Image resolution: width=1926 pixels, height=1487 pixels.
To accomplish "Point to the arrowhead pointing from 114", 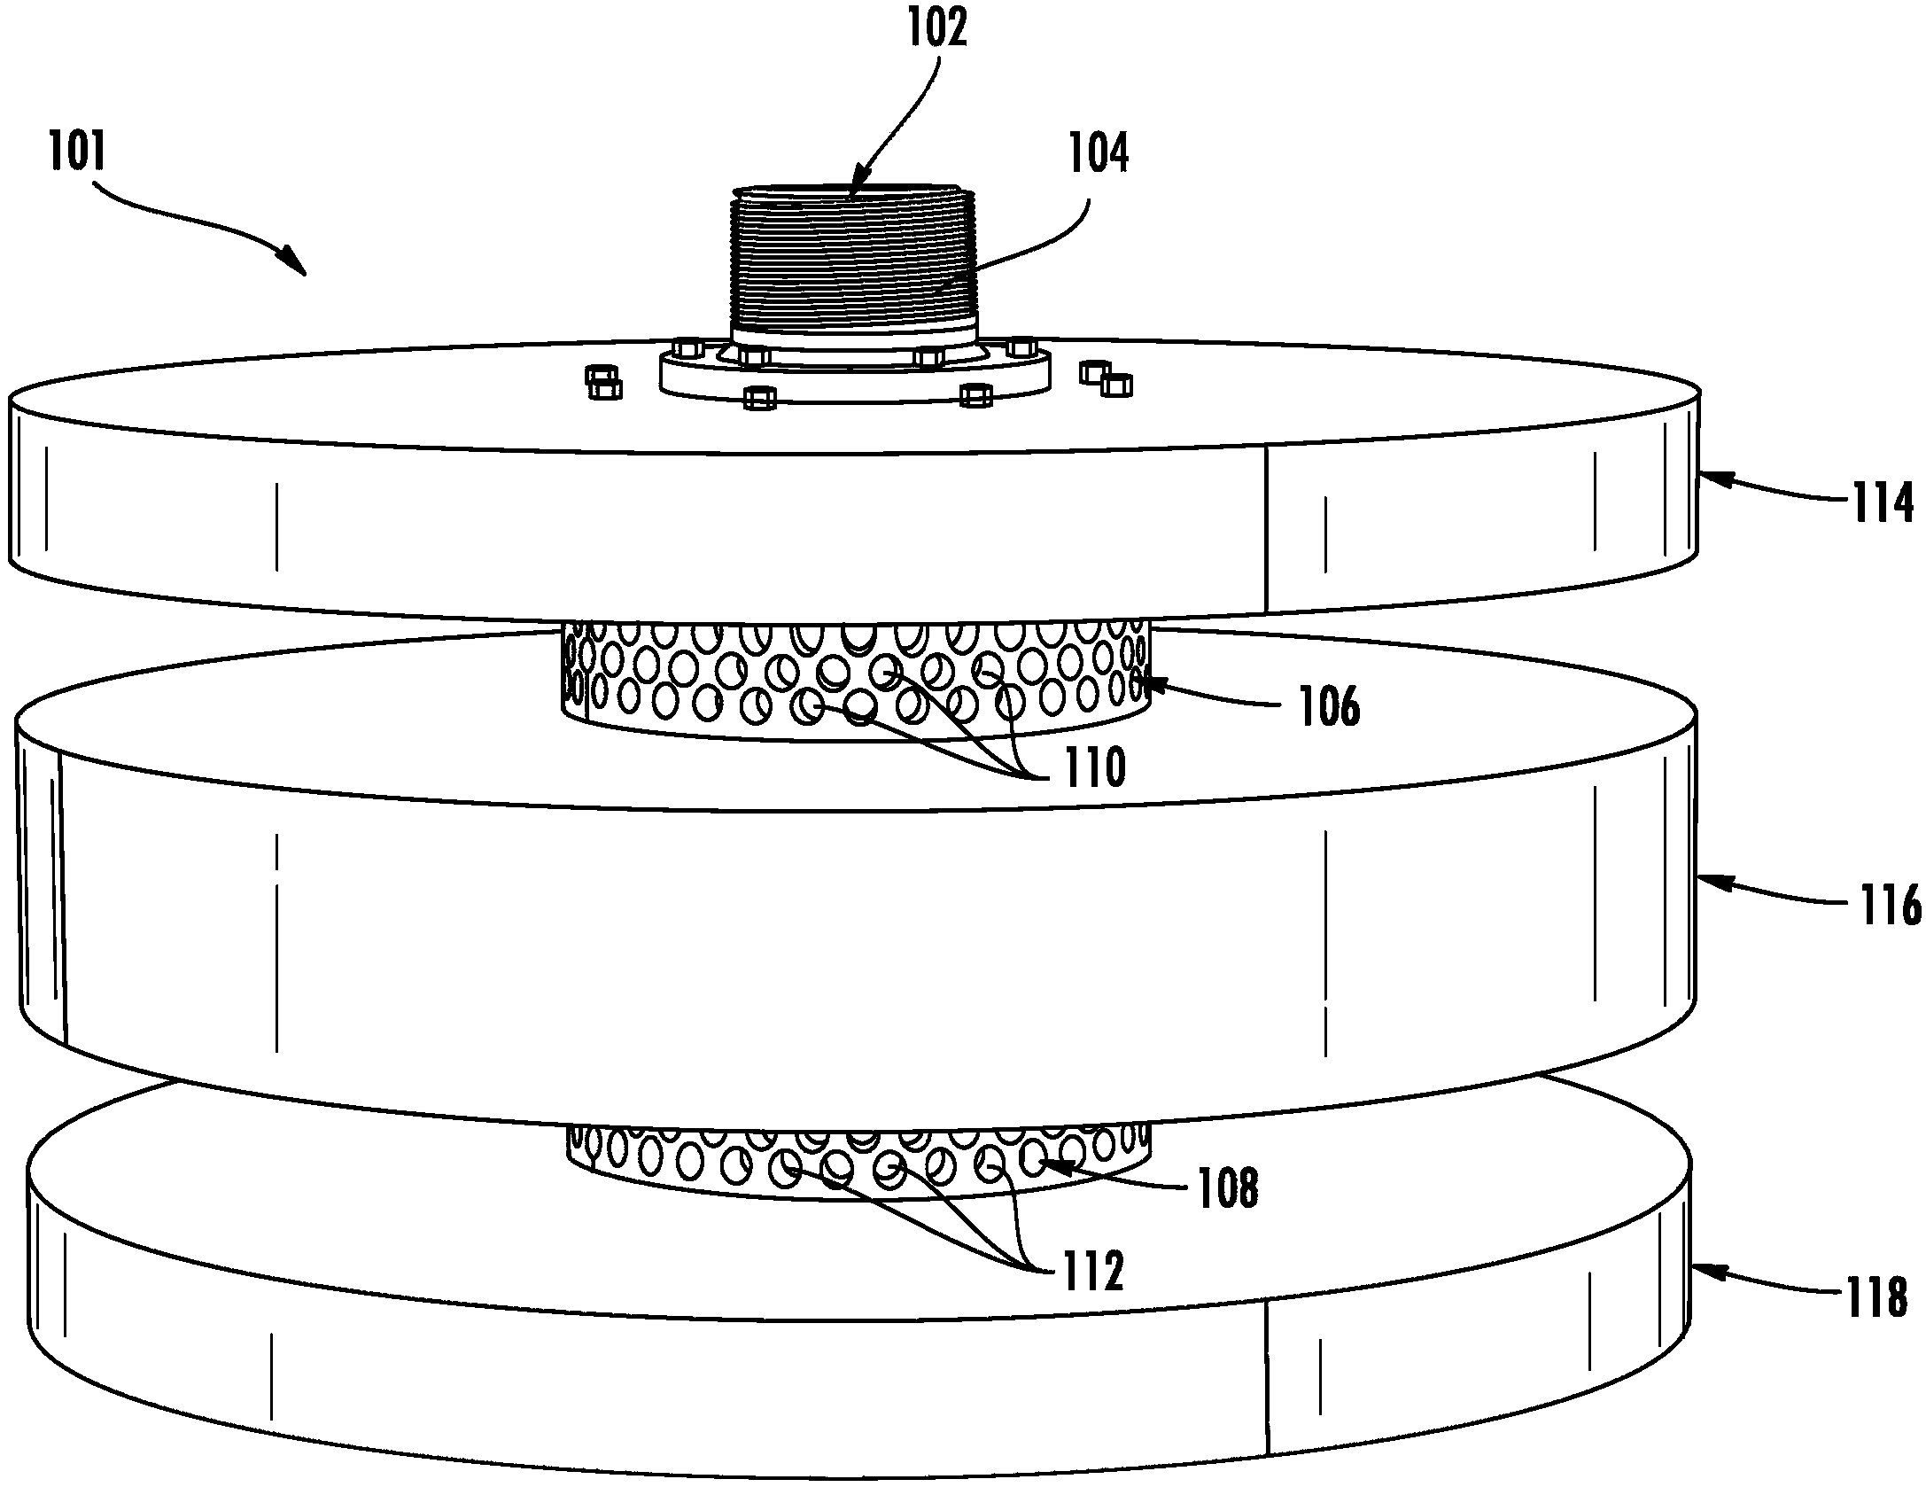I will [1706, 479].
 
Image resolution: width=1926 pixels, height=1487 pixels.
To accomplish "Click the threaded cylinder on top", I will [852, 266].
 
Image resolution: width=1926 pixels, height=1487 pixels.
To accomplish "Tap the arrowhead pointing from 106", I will [1150, 682].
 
